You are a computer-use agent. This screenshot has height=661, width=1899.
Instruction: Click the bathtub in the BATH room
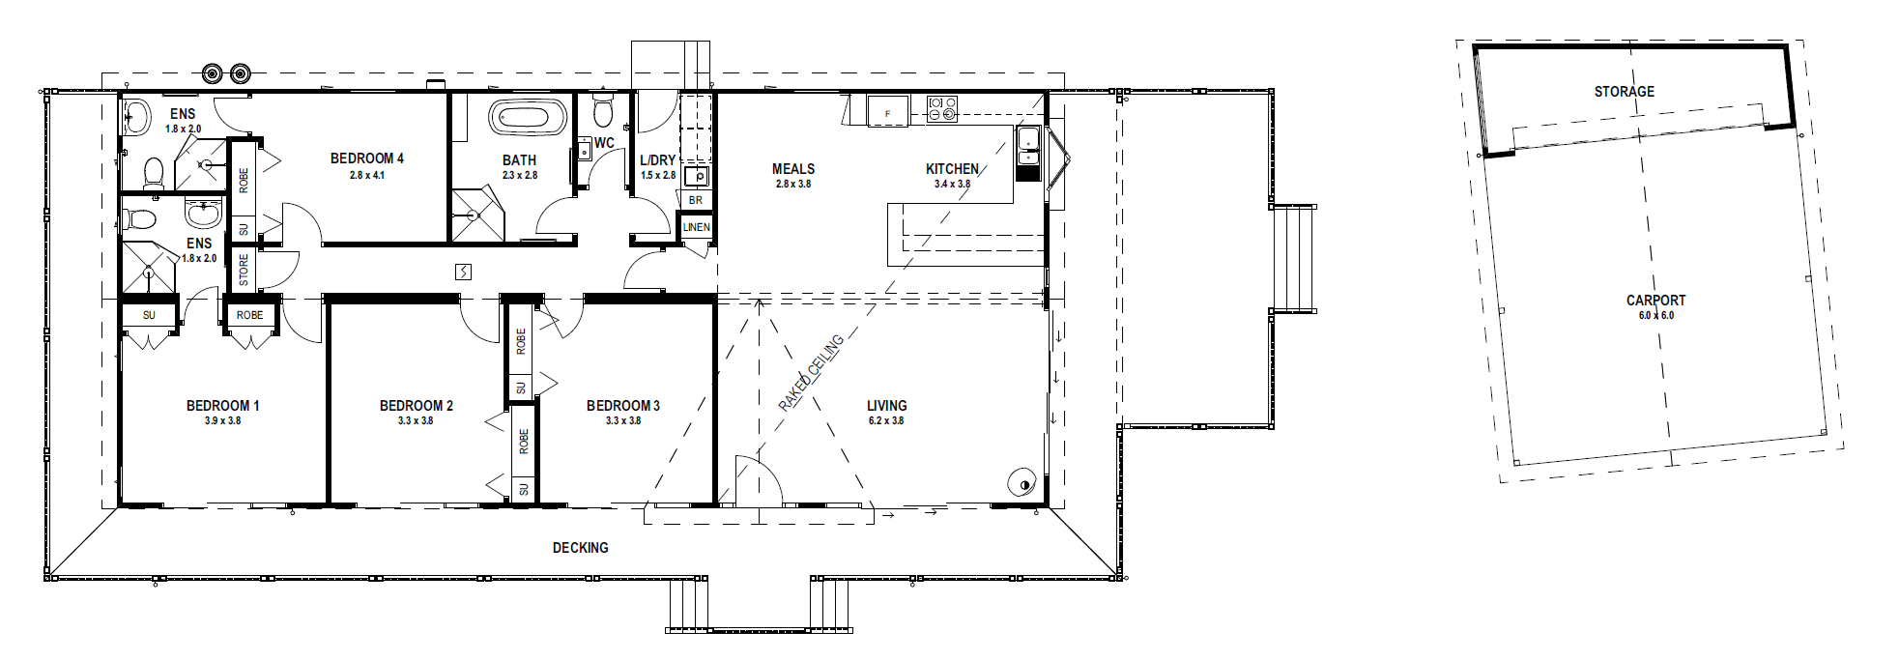click(x=527, y=118)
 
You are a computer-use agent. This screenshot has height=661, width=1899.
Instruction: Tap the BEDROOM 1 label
click(x=222, y=406)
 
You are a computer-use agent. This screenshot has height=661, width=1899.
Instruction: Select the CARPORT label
click(x=1655, y=301)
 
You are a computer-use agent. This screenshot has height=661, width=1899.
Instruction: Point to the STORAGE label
click(x=1624, y=92)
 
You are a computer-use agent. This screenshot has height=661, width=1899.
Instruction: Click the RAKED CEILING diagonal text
click(x=812, y=372)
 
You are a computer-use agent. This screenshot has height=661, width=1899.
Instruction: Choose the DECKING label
click(x=580, y=548)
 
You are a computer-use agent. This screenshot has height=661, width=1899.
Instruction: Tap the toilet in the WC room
click(x=603, y=111)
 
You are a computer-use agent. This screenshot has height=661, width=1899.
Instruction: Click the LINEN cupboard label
click(x=696, y=227)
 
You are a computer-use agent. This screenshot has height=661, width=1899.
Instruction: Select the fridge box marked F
click(x=888, y=111)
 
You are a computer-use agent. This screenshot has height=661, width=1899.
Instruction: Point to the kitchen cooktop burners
click(x=942, y=108)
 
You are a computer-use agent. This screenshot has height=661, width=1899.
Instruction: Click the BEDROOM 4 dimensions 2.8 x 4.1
click(x=367, y=175)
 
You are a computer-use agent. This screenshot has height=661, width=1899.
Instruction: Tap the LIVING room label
click(x=886, y=406)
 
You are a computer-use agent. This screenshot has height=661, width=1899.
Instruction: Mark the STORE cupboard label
click(x=244, y=270)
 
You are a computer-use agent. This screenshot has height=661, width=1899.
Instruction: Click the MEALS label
click(x=793, y=169)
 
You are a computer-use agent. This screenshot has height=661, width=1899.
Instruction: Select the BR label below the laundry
click(x=696, y=200)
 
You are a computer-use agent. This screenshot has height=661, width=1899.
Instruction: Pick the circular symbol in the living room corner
click(x=1022, y=482)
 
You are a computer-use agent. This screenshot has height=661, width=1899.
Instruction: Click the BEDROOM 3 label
click(x=623, y=406)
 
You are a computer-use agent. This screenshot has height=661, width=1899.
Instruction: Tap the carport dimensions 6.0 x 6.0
click(x=1655, y=316)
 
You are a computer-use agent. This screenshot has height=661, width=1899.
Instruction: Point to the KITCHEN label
click(x=952, y=169)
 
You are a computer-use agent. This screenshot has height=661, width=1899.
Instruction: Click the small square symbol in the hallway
click(x=463, y=272)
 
